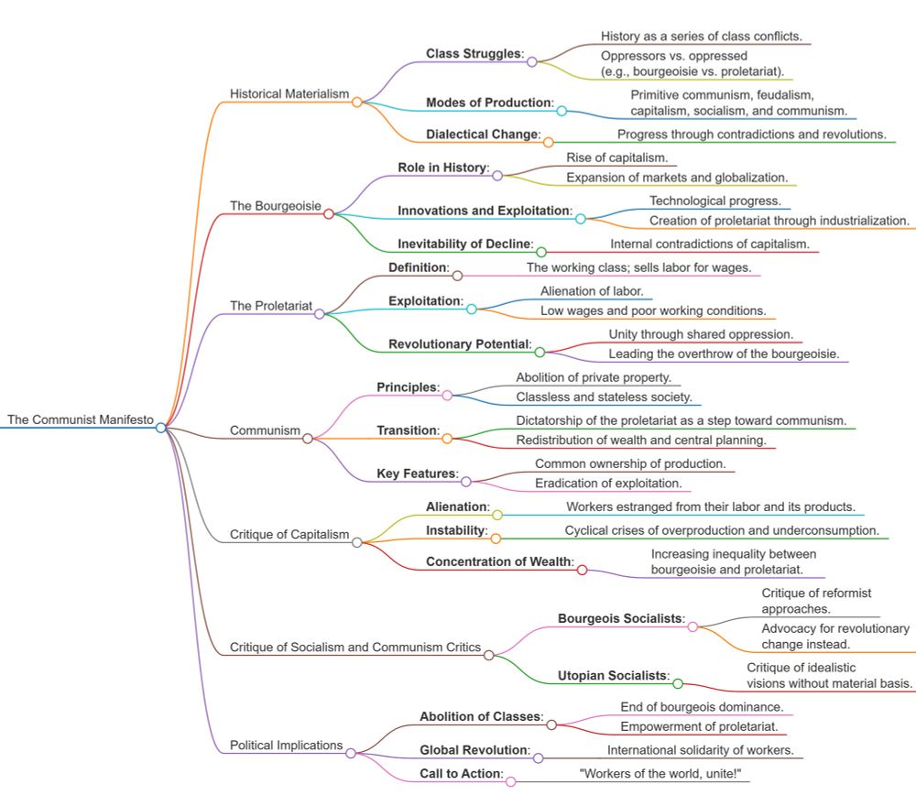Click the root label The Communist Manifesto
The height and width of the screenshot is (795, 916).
click(81, 419)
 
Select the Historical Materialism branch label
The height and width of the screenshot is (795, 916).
click(289, 93)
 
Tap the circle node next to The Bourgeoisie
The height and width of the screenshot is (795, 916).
click(329, 213)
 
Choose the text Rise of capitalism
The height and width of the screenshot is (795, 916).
click(616, 158)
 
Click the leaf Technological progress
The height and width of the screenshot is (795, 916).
click(715, 201)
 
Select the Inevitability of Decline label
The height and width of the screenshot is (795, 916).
click(464, 244)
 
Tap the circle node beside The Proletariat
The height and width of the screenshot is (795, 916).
click(319, 313)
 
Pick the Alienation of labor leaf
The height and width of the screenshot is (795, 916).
click(592, 291)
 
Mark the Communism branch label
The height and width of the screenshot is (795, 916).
click(265, 430)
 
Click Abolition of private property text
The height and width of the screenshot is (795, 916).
click(594, 377)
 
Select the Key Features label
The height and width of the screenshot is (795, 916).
click(417, 474)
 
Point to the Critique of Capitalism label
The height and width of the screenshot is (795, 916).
click(289, 535)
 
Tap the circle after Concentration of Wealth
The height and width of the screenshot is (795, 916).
click(582, 570)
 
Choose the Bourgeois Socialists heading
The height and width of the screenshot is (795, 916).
click(621, 618)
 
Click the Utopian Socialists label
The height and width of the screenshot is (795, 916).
click(613, 676)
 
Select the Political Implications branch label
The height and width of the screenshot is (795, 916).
click(286, 746)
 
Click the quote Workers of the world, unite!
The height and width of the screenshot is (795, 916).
click(660, 773)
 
